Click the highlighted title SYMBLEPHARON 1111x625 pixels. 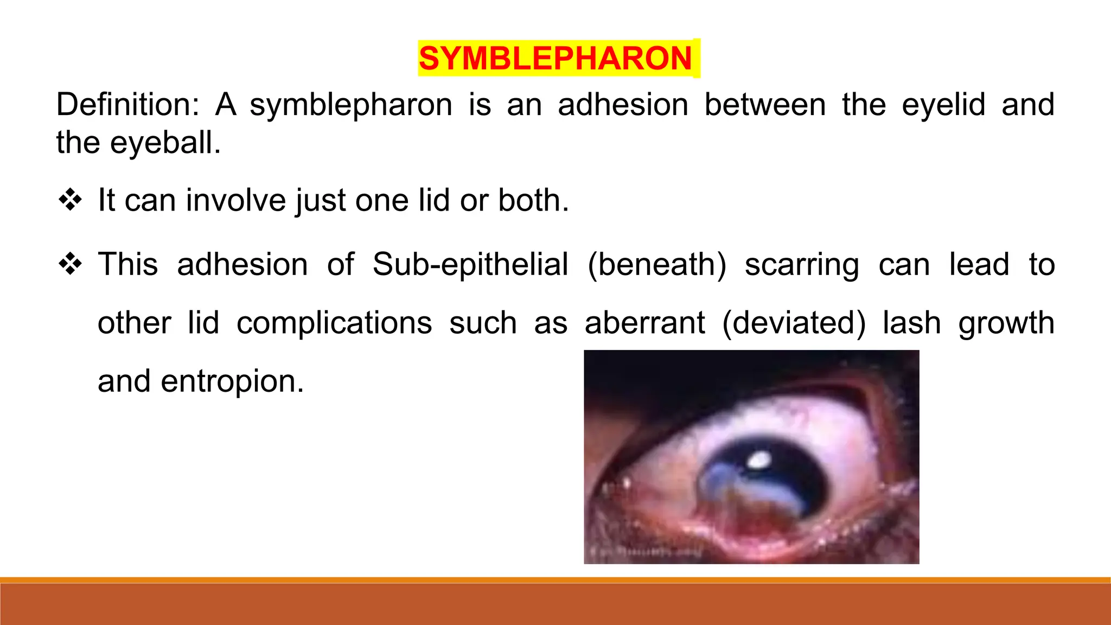click(555, 59)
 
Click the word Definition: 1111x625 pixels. click(128, 105)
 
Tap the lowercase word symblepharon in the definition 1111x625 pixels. click(350, 105)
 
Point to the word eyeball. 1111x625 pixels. click(165, 143)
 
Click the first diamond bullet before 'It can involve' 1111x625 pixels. click(71, 200)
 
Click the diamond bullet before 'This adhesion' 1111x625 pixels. click(71, 265)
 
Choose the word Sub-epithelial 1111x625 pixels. click(470, 265)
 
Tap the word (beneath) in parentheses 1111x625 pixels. click(656, 265)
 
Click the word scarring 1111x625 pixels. click(802, 266)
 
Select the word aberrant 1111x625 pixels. click(644, 323)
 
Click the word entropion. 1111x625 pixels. click(232, 382)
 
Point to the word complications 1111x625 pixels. click(334, 323)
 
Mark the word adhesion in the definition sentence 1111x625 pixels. click(623, 105)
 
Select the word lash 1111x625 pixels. click(911, 323)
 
